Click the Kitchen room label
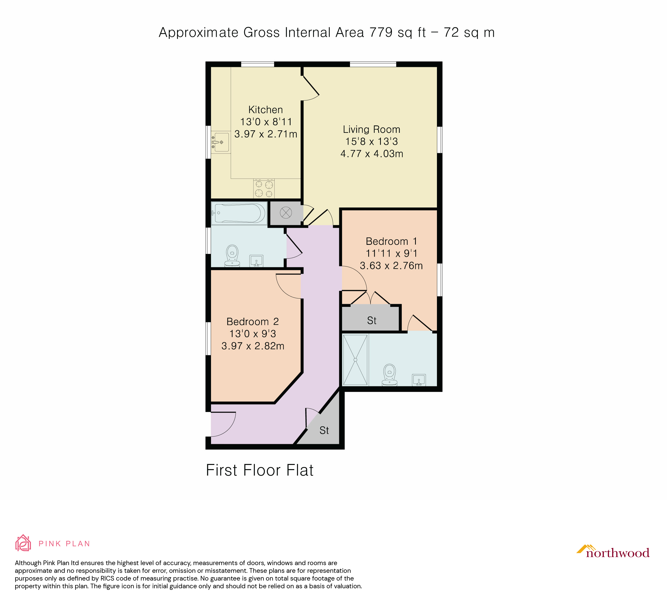click(x=265, y=110)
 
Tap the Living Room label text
click(x=372, y=129)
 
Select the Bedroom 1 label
click(x=391, y=241)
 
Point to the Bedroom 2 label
click(x=253, y=322)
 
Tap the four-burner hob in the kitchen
click(x=264, y=189)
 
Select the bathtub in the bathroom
click(x=239, y=213)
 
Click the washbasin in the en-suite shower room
click(x=419, y=380)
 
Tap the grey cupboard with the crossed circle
click(x=286, y=213)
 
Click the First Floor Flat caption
click(x=260, y=470)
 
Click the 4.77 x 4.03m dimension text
click(x=372, y=154)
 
